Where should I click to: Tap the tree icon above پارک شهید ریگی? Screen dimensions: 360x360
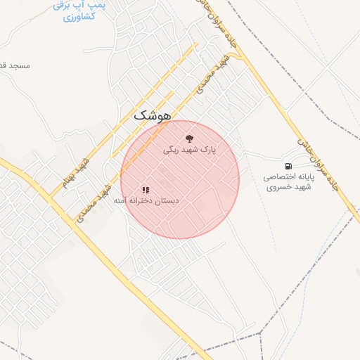click(x=188, y=138)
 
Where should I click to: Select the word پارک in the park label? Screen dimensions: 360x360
click(x=209, y=150)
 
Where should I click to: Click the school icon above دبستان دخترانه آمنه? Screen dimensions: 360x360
click(x=146, y=189)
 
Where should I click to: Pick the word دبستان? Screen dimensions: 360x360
click(x=166, y=201)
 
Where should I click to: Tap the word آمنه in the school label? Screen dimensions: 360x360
click(x=122, y=201)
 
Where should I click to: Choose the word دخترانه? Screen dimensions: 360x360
click(x=141, y=201)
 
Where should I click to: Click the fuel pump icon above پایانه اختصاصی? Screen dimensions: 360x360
click(x=288, y=165)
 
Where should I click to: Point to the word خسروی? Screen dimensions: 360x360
click(x=276, y=188)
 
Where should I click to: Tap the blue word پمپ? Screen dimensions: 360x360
click(x=98, y=4)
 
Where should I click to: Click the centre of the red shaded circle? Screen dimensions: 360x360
click(x=180, y=179)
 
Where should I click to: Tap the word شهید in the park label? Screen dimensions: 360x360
click(x=190, y=150)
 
